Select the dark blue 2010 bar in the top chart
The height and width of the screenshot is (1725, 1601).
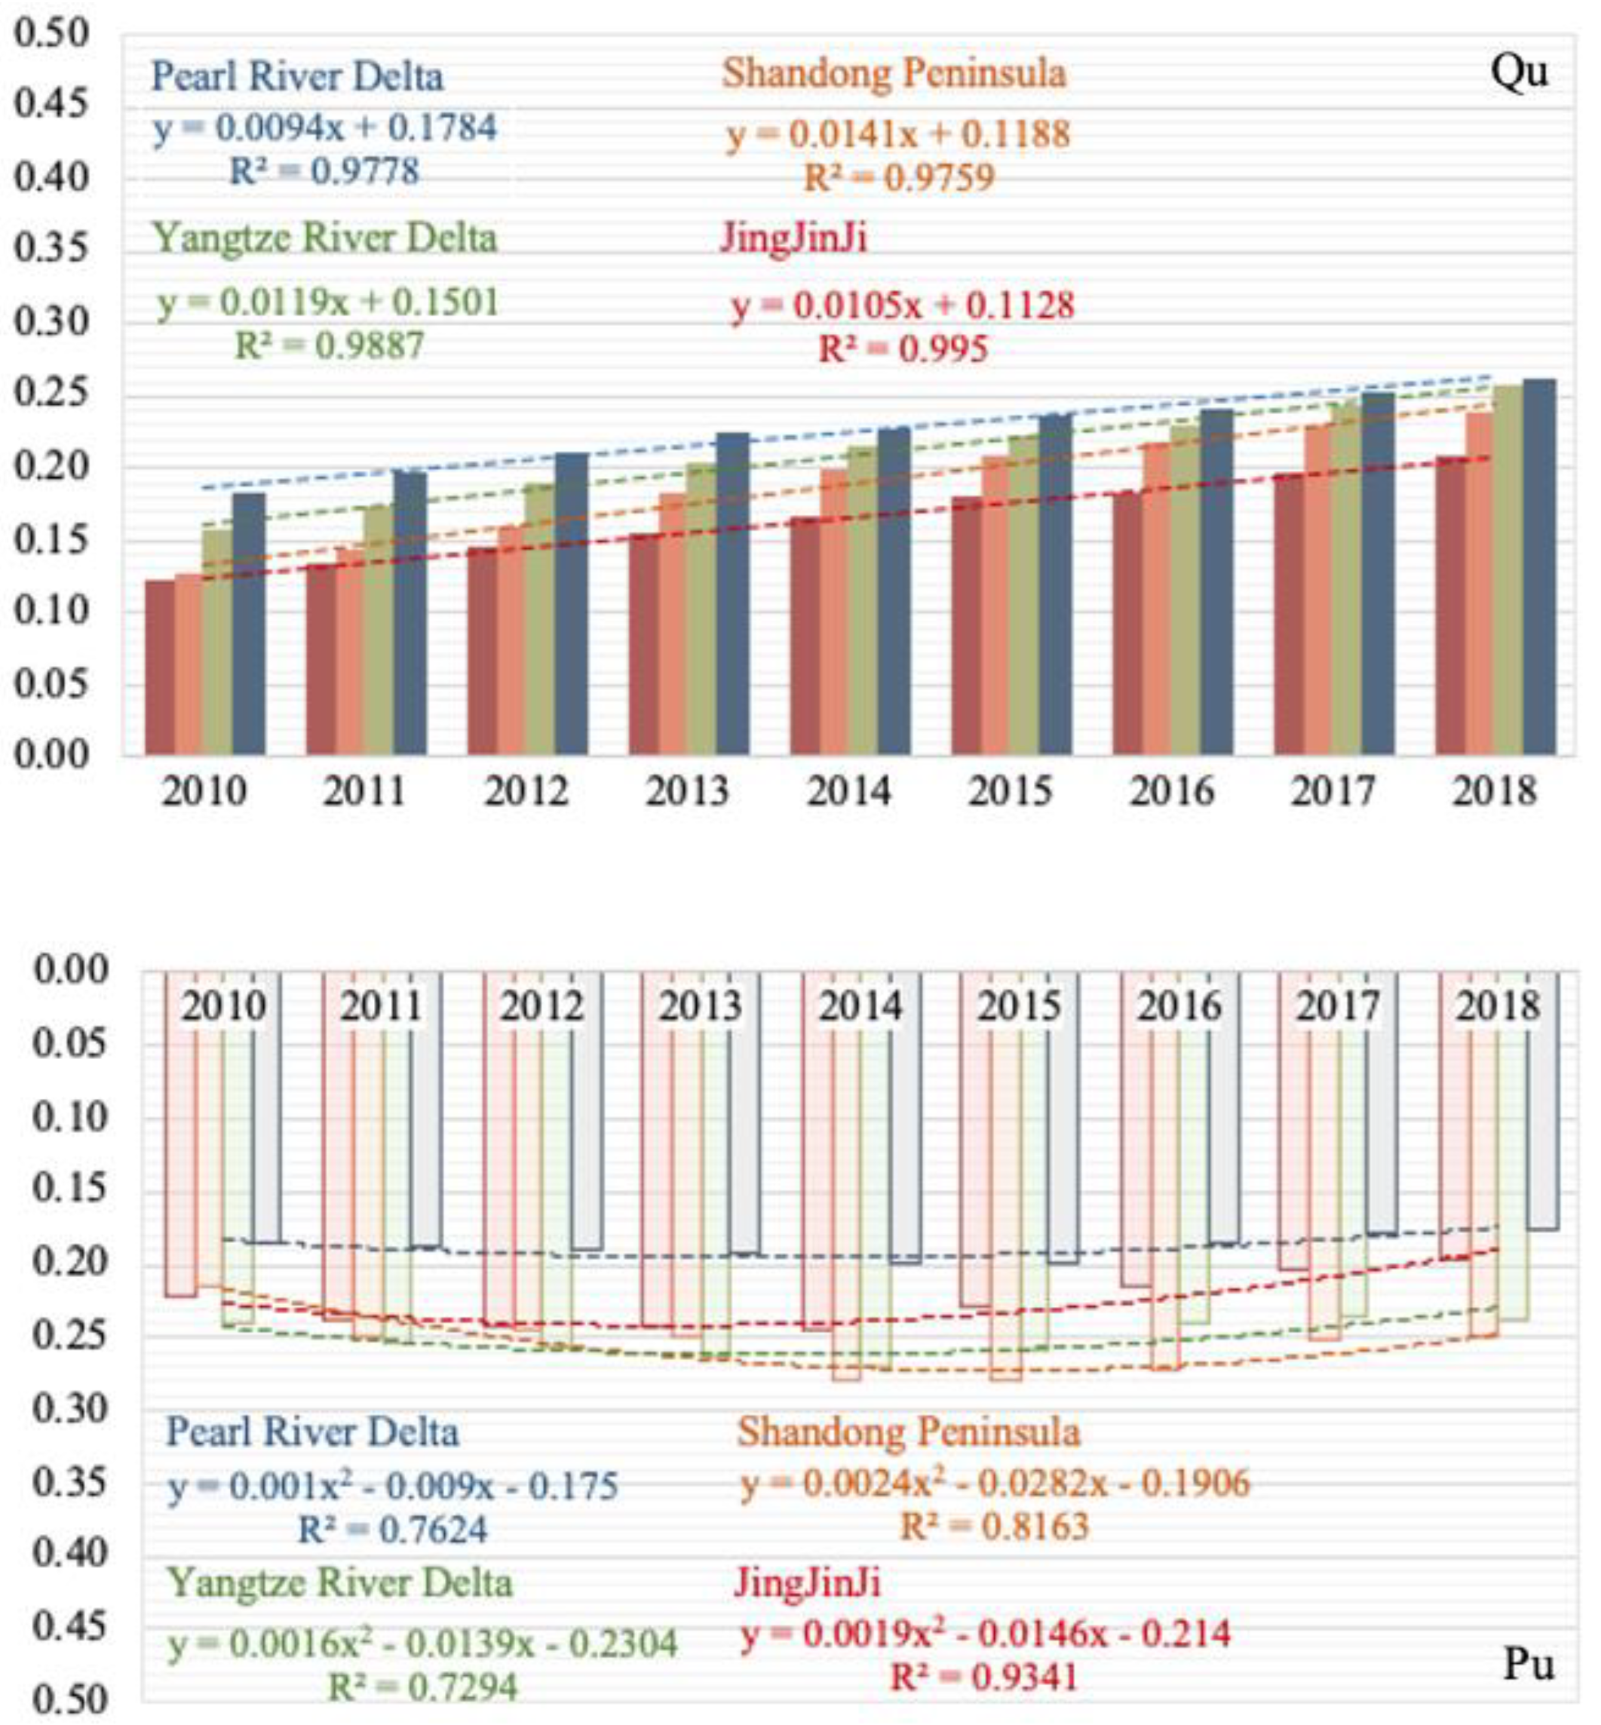[249, 624]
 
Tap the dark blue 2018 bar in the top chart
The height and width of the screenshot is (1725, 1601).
[1539, 567]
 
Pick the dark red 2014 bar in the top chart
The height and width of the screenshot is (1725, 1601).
[805, 637]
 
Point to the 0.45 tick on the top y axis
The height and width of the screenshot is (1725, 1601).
[52, 105]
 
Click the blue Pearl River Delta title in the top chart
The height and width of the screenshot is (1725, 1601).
[297, 77]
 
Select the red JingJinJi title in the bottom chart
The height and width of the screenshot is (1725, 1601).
[807, 1583]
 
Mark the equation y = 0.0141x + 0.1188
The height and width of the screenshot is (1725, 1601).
[898, 134]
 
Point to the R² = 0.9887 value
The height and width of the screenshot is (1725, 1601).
[329, 346]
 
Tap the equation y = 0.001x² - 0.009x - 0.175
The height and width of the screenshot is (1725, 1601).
[392, 1487]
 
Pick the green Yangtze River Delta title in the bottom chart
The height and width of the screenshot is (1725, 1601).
[340, 1583]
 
